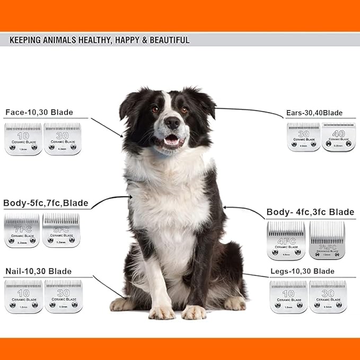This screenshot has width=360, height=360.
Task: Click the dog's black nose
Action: coord(172,122)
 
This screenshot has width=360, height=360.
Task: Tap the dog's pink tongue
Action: coord(172,141)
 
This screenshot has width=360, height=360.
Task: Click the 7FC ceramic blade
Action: coord(22,231)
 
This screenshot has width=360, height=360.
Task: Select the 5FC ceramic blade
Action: coord(61,231)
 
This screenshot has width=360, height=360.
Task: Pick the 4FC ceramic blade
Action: coord(286,240)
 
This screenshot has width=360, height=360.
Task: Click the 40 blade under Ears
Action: coord(338,137)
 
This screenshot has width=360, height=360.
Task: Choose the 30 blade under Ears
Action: coord(303,137)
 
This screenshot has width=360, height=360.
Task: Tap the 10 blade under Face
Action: coord(23,139)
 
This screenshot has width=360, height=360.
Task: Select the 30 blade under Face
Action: coord(62,139)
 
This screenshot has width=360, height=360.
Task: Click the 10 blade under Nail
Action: coord(23,296)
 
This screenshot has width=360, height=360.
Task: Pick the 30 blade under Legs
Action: coord(328,296)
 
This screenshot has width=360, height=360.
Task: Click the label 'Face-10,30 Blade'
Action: coord(39,112)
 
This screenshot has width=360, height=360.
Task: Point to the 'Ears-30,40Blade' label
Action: coord(313,113)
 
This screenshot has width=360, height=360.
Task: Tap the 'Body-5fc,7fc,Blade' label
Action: coord(46,203)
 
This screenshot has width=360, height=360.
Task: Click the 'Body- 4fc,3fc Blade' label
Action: coord(310,212)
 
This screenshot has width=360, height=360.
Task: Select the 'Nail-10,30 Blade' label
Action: coord(38,271)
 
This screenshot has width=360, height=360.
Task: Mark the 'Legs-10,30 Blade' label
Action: coord(302,271)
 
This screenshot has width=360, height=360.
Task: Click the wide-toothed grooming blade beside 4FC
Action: coord(327,240)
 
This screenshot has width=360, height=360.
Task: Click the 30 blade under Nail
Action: coord(63,296)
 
